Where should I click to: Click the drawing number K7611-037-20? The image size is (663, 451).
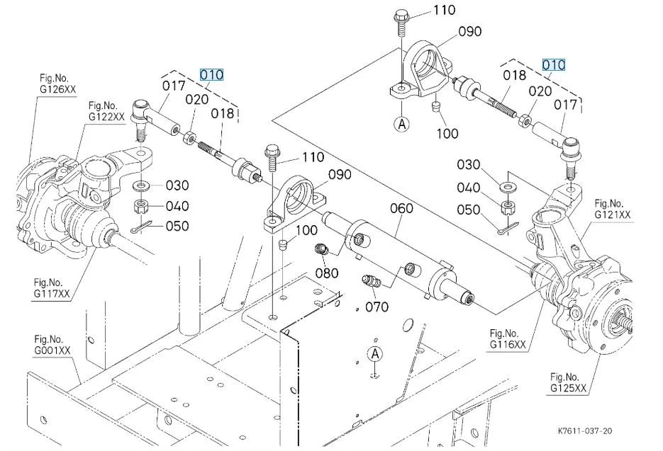585,430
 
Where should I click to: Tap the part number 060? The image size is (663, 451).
401,208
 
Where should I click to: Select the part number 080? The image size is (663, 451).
327,273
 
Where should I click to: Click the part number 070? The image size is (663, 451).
377,307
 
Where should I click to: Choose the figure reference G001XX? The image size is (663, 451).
52,350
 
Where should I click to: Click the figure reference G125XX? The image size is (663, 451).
568,388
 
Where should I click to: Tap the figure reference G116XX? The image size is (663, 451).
508,345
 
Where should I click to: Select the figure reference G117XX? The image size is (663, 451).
52,294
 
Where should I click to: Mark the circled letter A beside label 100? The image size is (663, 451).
402,124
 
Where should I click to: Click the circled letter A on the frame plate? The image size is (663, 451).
375,354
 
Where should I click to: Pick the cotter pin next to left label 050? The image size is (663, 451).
140,228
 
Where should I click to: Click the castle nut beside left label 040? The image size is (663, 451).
140,207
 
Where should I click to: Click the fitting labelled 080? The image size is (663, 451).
322,249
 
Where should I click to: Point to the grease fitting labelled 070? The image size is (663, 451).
371,280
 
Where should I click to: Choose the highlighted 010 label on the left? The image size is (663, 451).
211,75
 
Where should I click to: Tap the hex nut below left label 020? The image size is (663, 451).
189,137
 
